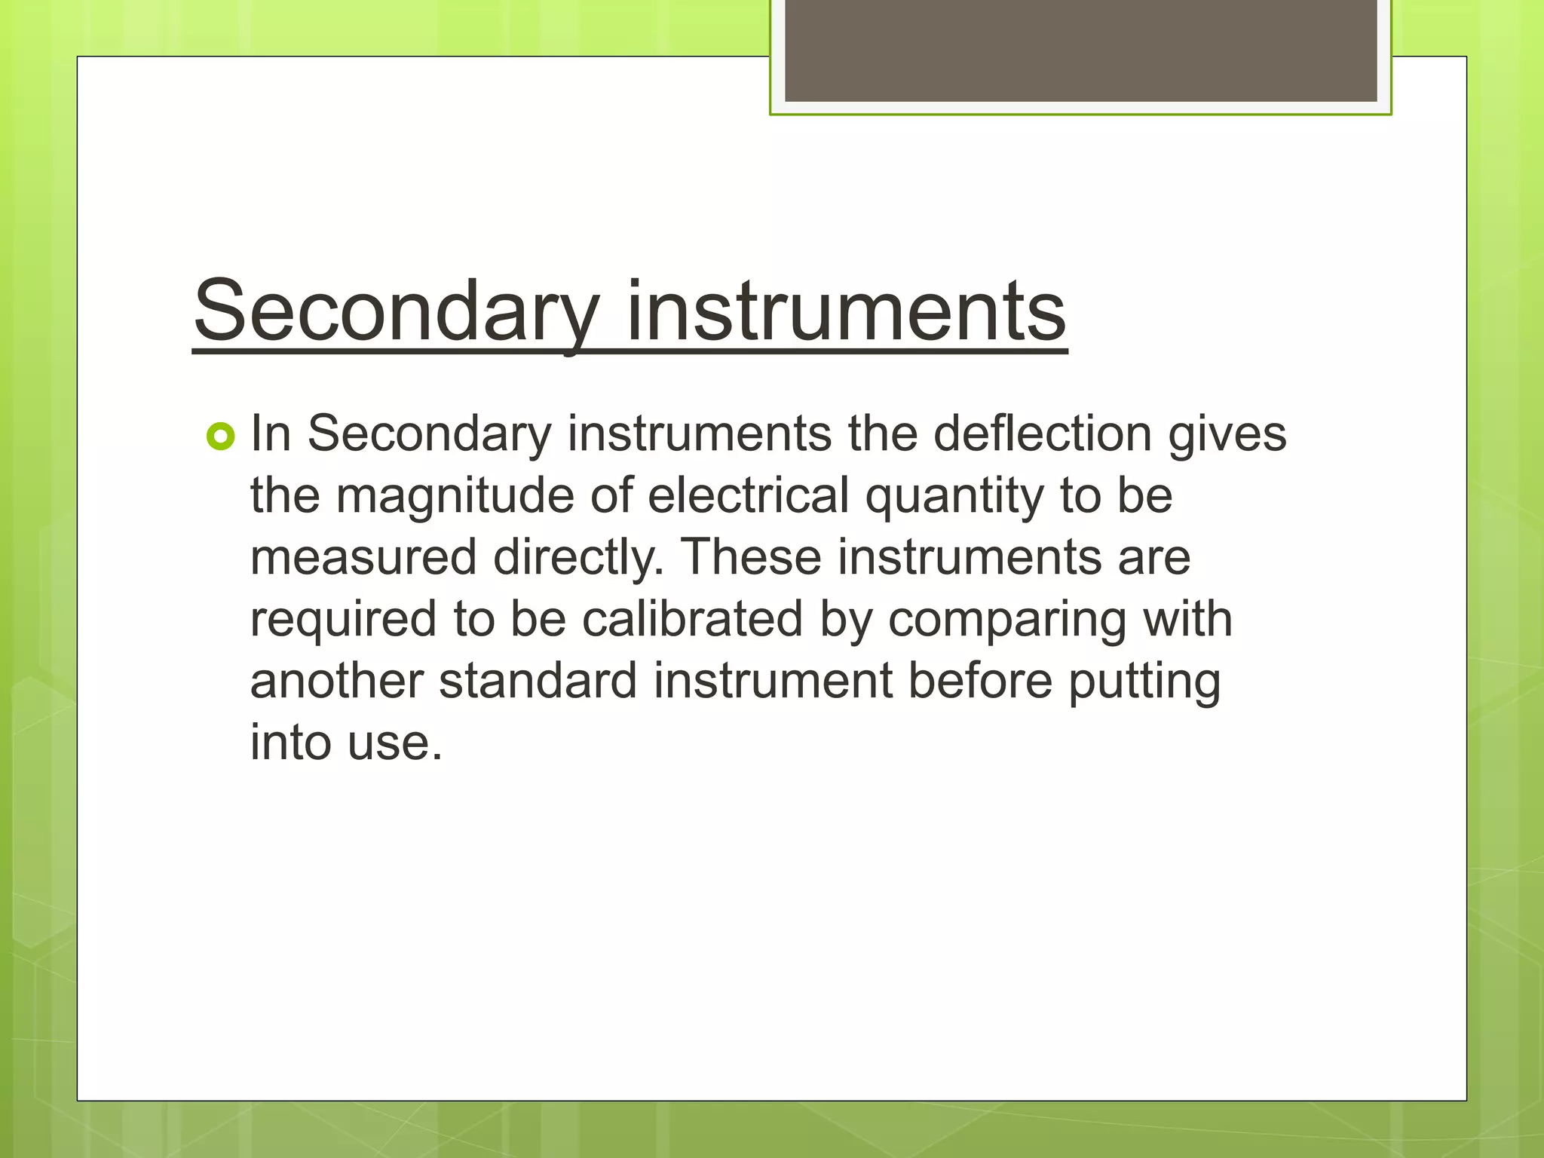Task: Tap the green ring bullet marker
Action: (220, 437)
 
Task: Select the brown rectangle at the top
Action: (1080, 50)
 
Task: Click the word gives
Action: (1227, 436)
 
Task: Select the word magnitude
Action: (455, 498)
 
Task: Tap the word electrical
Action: (748, 496)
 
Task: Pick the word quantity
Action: (954, 498)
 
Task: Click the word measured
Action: (363, 558)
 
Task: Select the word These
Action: (751, 558)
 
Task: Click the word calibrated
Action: (692, 620)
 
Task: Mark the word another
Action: (336, 682)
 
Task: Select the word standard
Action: (538, 682)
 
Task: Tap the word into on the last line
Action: (290, 743)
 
